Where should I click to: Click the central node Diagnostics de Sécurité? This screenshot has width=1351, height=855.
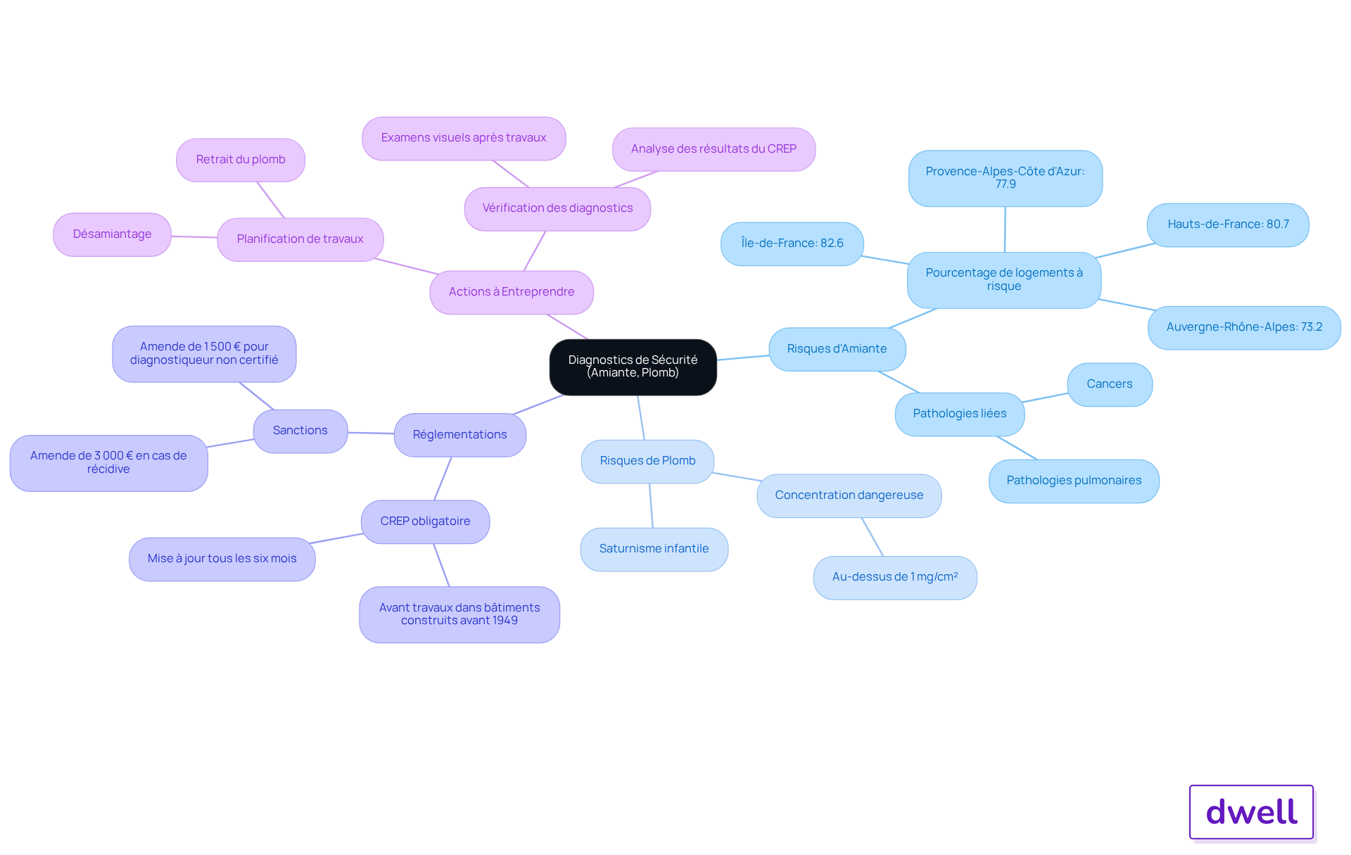click(633, 367)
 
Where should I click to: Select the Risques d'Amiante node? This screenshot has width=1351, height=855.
click(837, 349)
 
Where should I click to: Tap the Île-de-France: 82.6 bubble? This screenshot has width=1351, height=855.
click(792, 243)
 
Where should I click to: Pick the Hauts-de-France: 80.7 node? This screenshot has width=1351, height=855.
click(1228, 224)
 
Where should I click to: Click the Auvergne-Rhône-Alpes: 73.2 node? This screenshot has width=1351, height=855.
click(1244, 327)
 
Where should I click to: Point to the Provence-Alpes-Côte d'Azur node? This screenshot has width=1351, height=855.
click(1005, 178)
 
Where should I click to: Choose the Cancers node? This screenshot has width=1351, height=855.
click(1110, 384)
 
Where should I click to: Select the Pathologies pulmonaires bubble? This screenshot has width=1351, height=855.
click(1074, 481)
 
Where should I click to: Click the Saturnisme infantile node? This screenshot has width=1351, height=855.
click(654, 549)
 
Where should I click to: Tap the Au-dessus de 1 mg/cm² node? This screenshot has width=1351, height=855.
click(895, 577)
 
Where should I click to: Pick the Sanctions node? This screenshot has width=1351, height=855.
click(300, 431)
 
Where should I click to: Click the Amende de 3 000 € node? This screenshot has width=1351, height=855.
click(108, 462)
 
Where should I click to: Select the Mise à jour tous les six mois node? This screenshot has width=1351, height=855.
click(222, 559)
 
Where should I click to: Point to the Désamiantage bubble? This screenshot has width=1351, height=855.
click(112, 234)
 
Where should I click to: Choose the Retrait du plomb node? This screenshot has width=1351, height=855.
click(241, 160)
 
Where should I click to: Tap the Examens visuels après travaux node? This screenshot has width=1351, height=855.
click(464, 138)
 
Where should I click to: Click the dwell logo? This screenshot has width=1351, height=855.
click(1251, 812)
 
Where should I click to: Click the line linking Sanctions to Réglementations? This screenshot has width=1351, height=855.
click(371, 433)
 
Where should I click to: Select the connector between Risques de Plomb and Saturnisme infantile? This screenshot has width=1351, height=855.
click(651, 505)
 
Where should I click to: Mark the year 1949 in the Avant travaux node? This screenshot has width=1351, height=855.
click(505, 621)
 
